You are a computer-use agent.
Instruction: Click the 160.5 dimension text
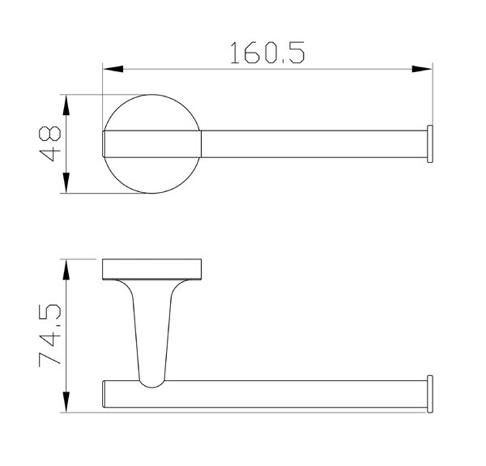click(267, 53)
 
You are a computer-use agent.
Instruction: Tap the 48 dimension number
click(50, 143)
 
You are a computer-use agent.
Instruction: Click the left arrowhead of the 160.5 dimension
click(113, 69)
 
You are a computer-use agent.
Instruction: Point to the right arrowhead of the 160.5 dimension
click(422, 69)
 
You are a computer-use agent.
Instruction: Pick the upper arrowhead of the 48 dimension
click(66, 105)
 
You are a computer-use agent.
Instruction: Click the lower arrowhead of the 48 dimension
click(66, 183)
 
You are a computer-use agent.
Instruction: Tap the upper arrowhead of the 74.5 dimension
click(66, 269)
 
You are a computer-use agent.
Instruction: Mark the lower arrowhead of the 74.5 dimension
click(66, 402)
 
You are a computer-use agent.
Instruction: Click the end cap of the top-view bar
click(430, 144)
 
